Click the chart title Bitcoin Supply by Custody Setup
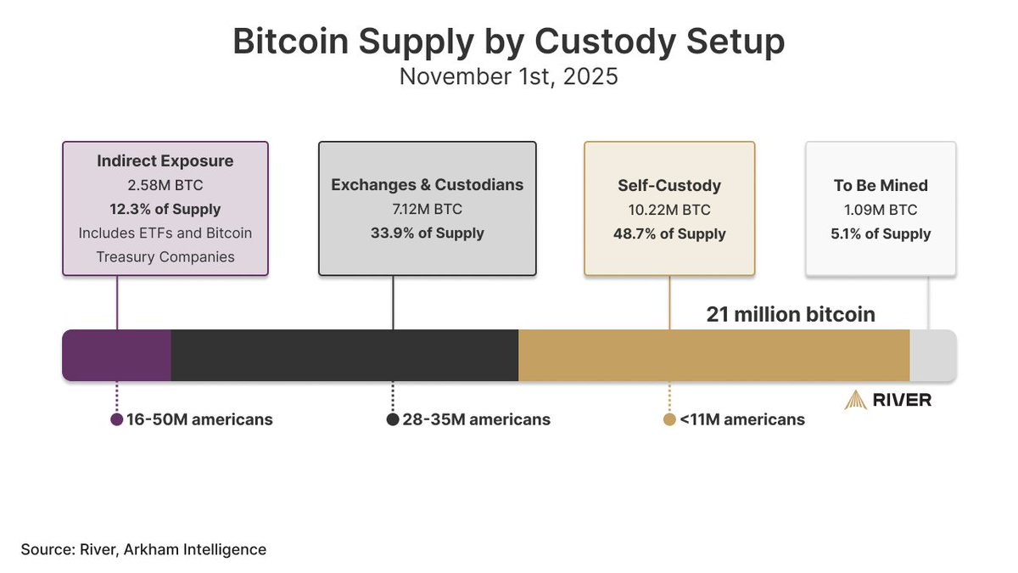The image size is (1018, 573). [x=508, y=42]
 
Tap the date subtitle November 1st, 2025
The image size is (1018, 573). [x=508, y=76]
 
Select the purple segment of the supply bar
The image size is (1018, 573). [x=117, y=355]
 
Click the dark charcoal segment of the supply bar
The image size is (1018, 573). [x=344, y=355]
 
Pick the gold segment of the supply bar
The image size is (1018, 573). [x=713, y=355]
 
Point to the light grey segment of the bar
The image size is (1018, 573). [x=932, y=355]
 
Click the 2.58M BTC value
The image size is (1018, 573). [x=165, y=185]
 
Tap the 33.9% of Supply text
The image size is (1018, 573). [x=427, y=233]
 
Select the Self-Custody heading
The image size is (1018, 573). [x=669, y=185]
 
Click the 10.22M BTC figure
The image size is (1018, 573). [x=669, y=209]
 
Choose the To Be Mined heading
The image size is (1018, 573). [x=881, y=185]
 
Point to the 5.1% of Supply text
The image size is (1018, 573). [x=881, y=233]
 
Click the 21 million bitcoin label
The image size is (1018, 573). [x=791, y=314]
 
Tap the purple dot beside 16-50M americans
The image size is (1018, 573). [x=117, y=419]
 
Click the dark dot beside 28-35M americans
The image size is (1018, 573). [x=393, y=419]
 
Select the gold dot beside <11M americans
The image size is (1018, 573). [x=669, y=419]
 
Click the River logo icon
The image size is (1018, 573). [x=854, y=400]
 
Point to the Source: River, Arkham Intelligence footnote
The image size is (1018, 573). [x=144, y=549]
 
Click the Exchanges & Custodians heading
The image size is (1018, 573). [x=427, y=184]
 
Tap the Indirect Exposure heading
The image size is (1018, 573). [x=165, y=160]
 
